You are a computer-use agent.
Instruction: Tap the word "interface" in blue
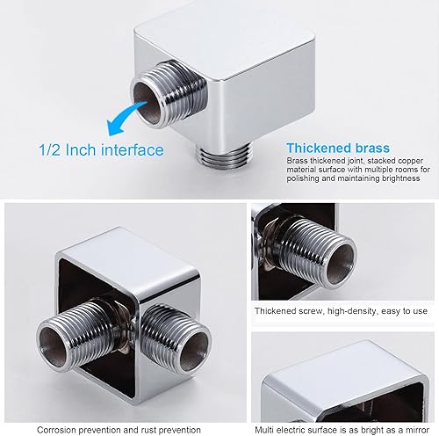pyautogui.click(x=133, y=149)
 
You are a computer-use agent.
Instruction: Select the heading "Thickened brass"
pyautogui.click(x=338, y=148)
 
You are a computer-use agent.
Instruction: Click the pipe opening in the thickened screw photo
pyautogui.click(x=341, y=263)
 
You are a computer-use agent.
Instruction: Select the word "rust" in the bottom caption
pyautogui.click(x=149, y=430)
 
